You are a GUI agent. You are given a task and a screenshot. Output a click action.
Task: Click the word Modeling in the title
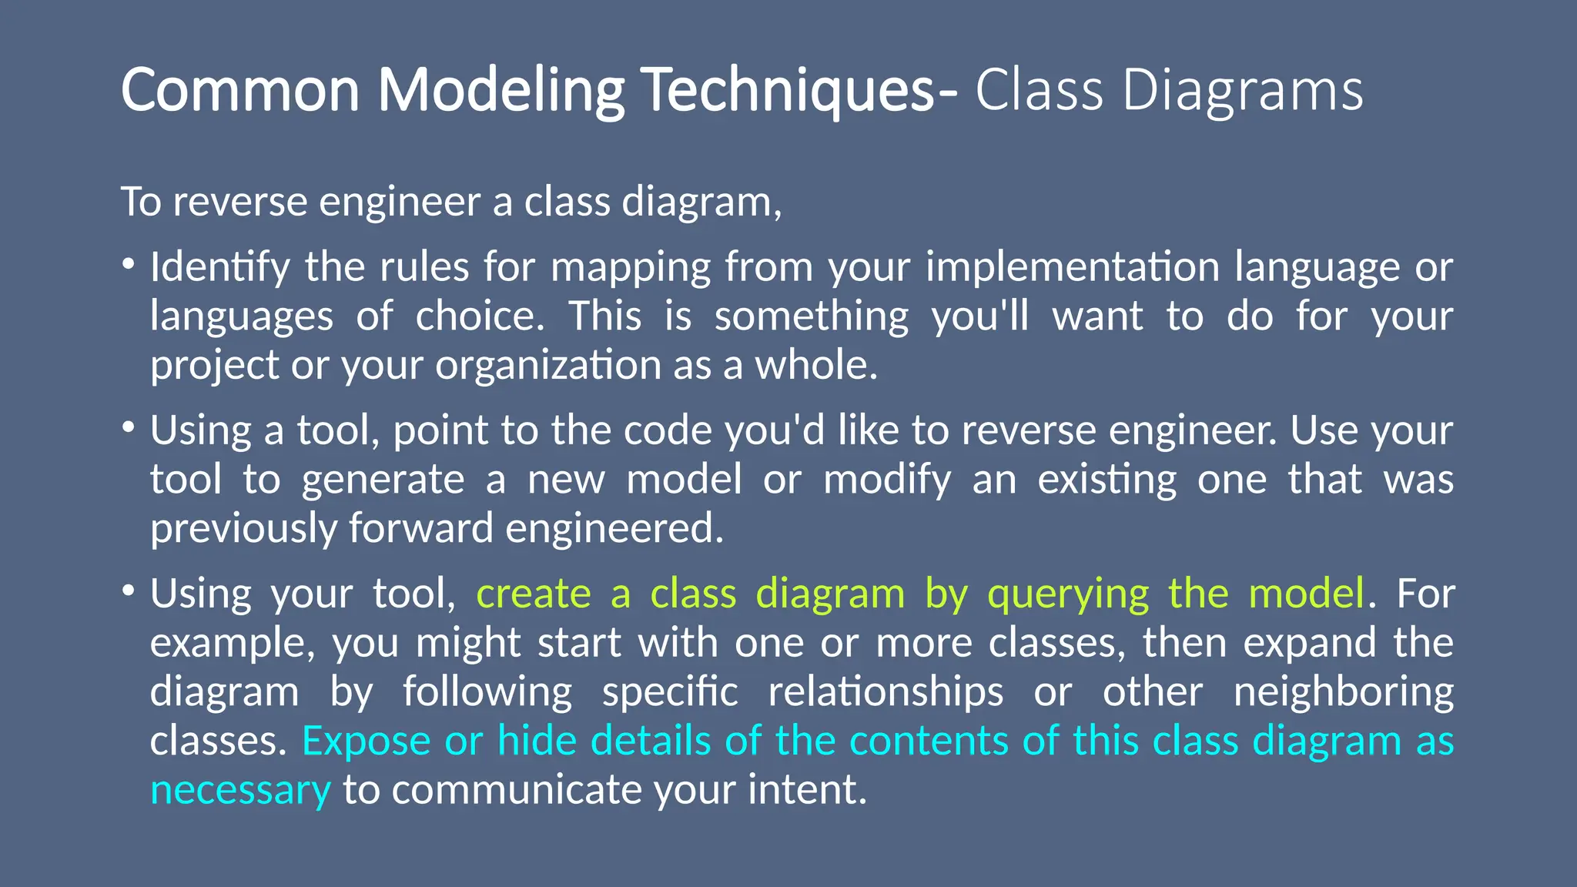click(x=501, y=91)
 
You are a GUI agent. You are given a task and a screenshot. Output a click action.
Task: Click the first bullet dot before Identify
click(x=128, y=265)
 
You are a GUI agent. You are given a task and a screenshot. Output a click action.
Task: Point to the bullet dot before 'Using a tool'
click(x=128, y=428)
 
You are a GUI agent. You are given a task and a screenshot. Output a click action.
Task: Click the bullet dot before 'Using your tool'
click(x=128, y=591)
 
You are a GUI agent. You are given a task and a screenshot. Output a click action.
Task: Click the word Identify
click(x=219, y=268)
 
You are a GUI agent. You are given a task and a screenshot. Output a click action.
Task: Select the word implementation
click(x=1072, y=268)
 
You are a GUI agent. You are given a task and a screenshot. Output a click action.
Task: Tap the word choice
click(x=479, y=316)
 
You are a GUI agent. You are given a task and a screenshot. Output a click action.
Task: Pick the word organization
click(x=547, y=366)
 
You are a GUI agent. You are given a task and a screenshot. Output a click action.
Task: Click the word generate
click(x=383, y=480)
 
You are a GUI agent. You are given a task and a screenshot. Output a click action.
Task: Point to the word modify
click(x=887, y=480)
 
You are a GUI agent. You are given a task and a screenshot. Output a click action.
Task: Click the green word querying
click(x=1068, y=595)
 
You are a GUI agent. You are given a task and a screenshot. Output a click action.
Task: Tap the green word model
click(x=1306, y=594)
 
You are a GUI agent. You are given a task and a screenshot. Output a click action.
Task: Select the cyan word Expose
click(x=366, y=741)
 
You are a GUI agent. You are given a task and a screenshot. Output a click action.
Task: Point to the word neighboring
click(x=1343, y=692)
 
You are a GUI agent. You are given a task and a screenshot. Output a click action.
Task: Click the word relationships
click(x=886, y=692)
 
